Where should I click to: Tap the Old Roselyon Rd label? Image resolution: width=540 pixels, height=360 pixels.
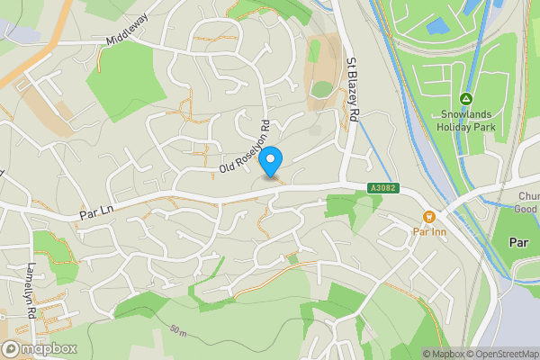pyautogui.click(x=245, y=147)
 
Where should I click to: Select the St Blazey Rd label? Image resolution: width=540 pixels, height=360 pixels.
pyautogui.click(x=353, y=91)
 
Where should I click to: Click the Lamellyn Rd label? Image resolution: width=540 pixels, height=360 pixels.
pyautogui.click(x=30, y=284)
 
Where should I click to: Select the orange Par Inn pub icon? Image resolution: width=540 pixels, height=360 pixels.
pyautogui.click(x=429, y=216)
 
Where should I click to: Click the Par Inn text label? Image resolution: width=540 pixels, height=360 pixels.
pyautogui.click(x=429, y=232)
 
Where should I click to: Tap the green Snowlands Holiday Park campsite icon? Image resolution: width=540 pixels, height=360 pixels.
pyautogui.click(x=466, y=99)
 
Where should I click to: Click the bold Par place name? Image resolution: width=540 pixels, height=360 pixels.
pyautogui.click(x=518, y=242)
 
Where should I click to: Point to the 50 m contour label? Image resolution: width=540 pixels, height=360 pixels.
pyautogui.click(x=179, y=331)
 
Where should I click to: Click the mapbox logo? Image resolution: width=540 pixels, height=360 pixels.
pyautogui.click(x=40, y=348)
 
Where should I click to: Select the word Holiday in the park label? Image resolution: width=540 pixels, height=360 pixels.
pyautogui.click(x=455, y=126)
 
